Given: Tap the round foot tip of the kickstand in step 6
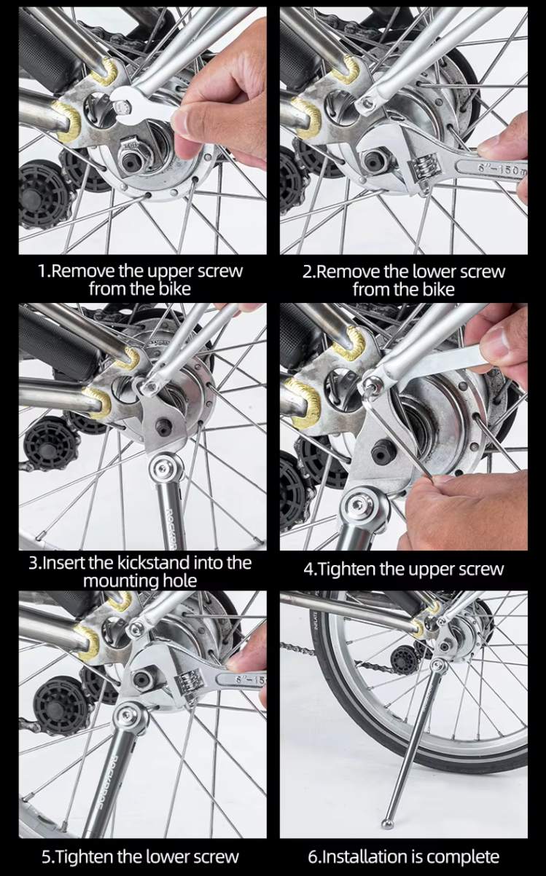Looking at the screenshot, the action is pos(388,821).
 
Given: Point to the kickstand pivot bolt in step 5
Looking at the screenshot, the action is pos(130,717).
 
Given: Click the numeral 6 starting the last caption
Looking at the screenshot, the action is pos(312,857).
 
